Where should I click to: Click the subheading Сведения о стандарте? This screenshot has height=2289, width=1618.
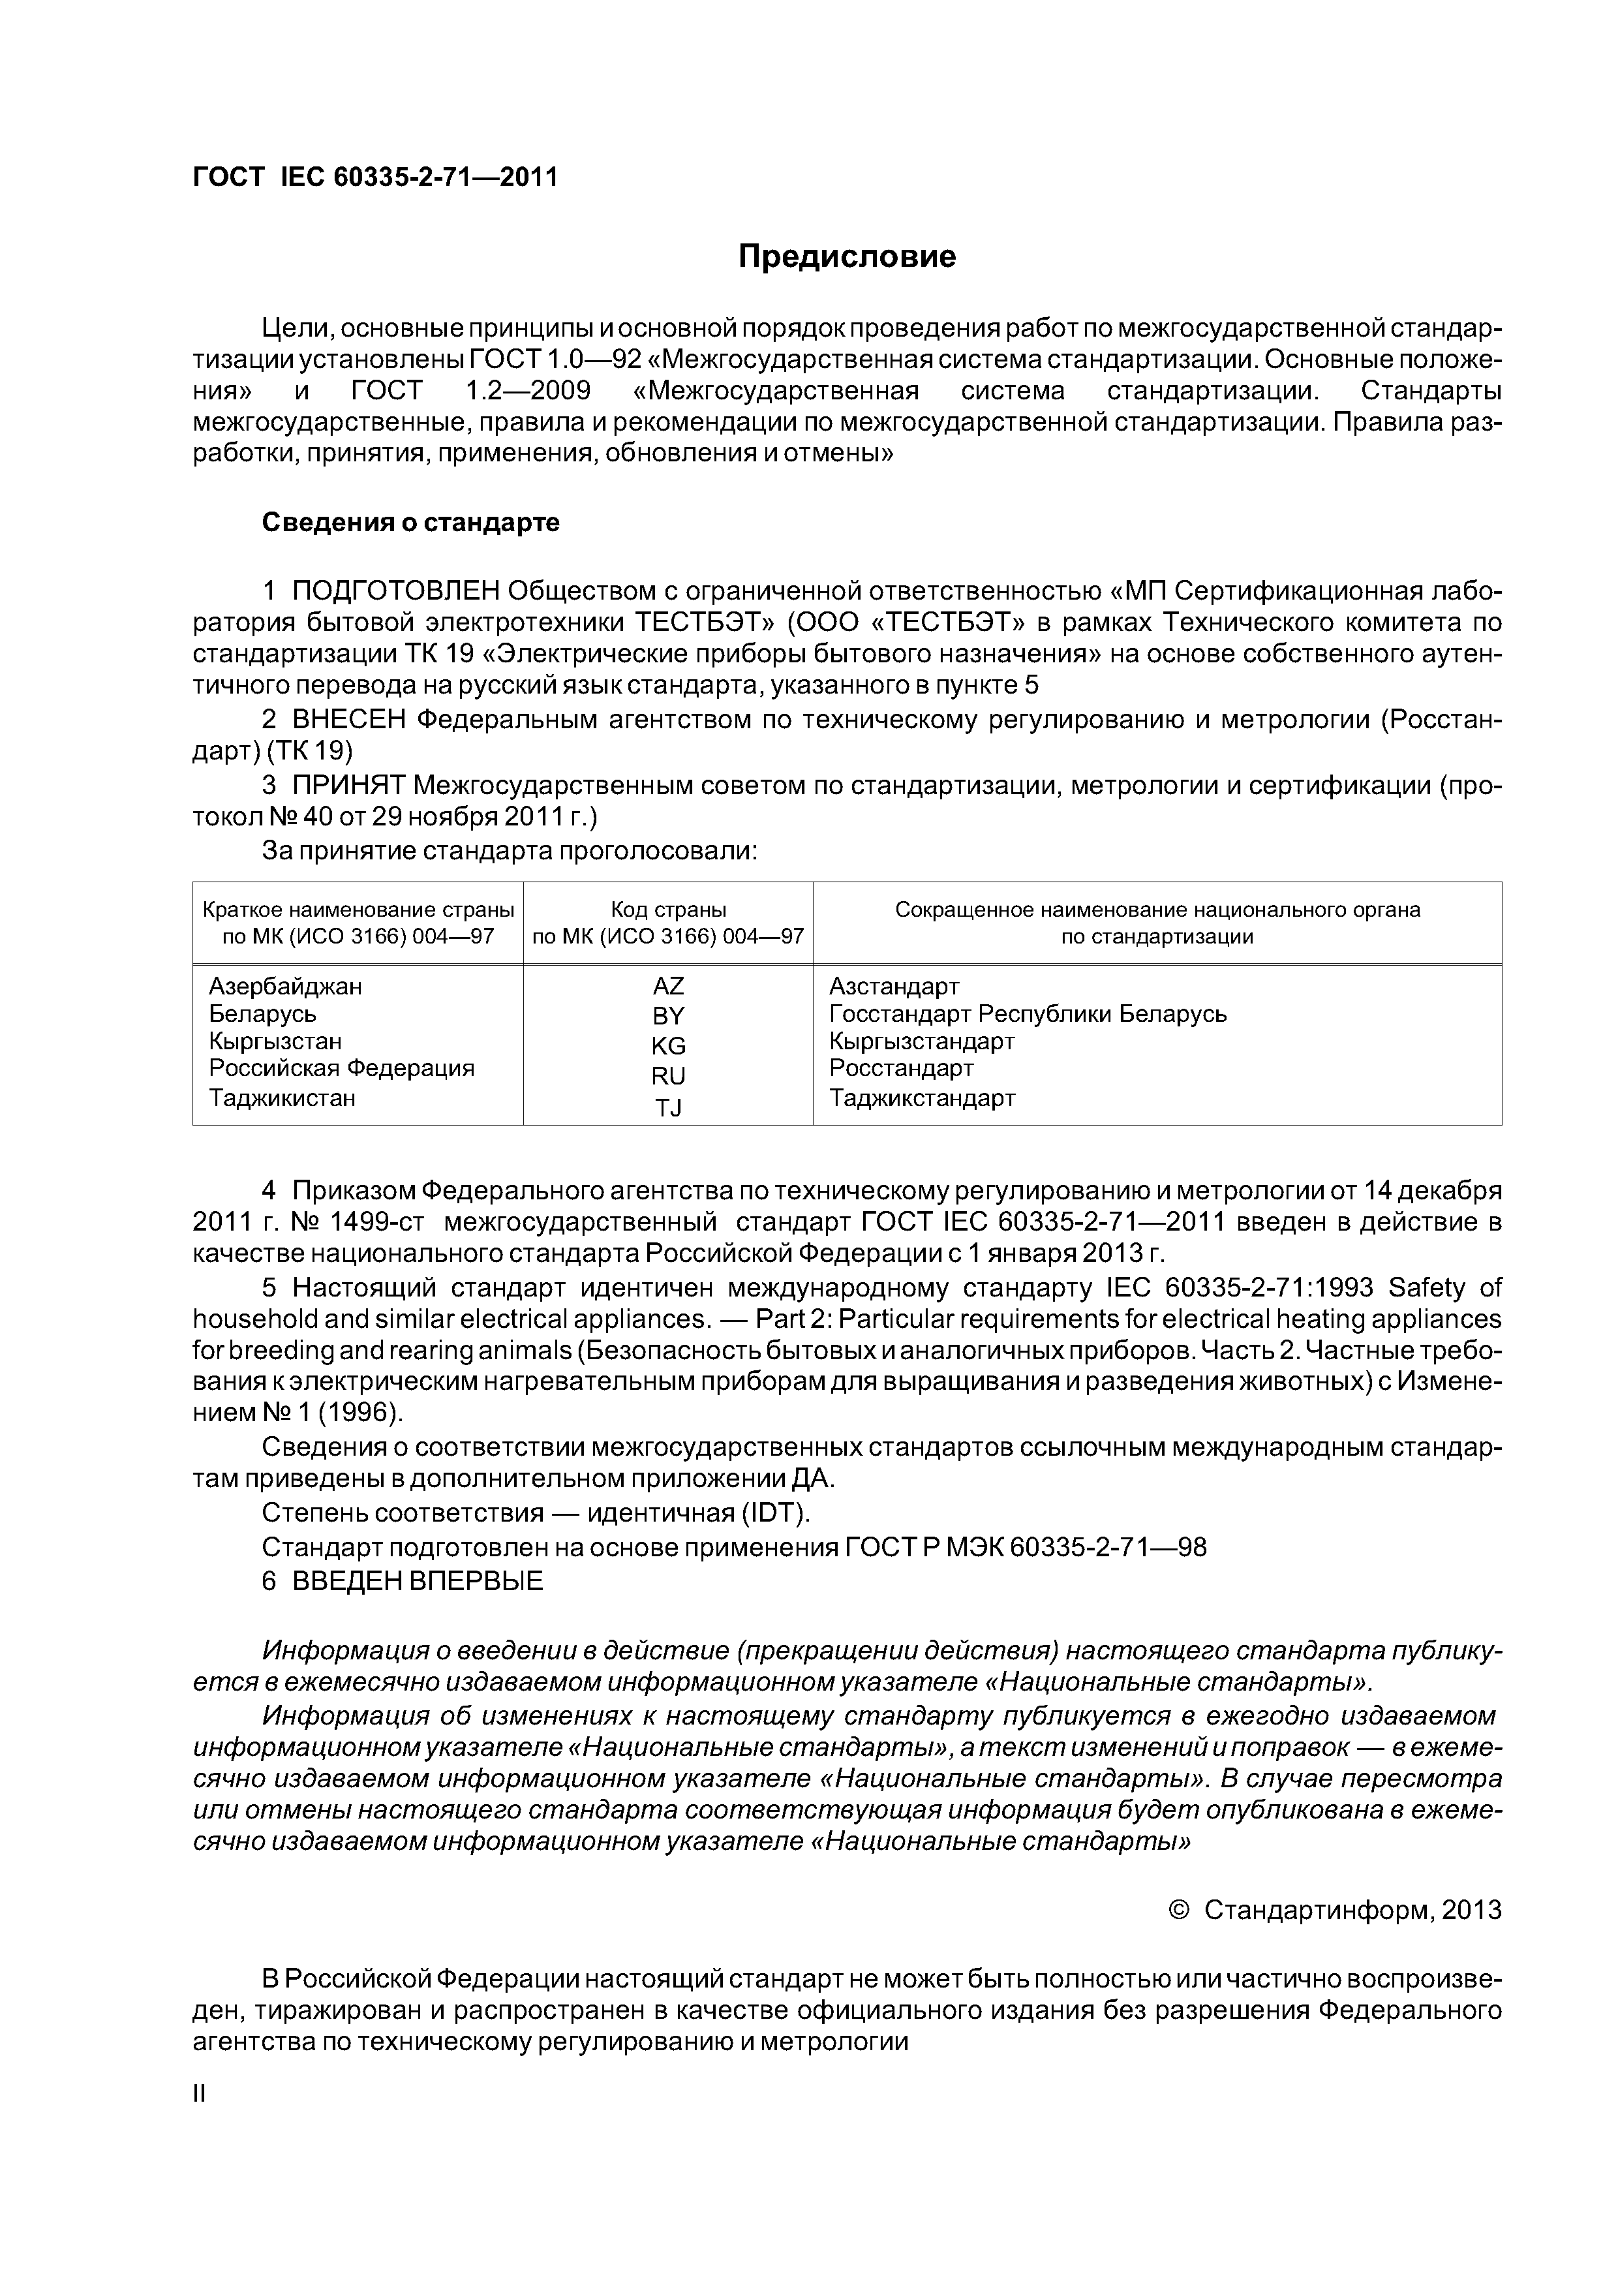[x=411, y=523]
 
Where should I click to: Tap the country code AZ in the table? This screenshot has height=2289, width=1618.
[x=668, y=986]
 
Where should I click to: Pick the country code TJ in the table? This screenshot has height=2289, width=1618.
[x=668, y=1107]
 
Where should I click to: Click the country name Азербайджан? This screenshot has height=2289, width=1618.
[x=285, y=986]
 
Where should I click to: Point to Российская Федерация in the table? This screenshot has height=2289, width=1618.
[x=341, y=1068]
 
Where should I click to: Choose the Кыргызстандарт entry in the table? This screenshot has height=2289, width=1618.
[x=921, y=1041]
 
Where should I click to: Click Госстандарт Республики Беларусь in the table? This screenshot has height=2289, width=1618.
[x=1027, y=1014]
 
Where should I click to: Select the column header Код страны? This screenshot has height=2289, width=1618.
[x=668, y=909]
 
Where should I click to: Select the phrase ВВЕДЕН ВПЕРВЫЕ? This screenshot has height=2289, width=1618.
[x=418, y=1581]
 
